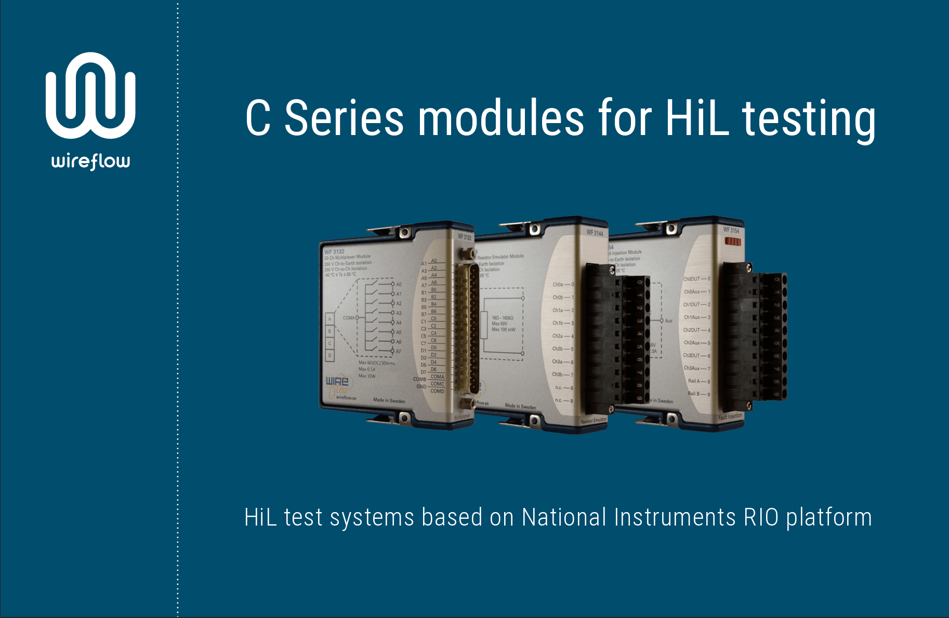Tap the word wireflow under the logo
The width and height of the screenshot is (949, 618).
point(90,162)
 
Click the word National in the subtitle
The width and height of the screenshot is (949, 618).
point(564,518)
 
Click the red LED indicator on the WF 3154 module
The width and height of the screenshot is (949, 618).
point(733,241)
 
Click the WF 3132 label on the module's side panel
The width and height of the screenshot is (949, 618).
point(335,252)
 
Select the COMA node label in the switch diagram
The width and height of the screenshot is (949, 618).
point(349,318)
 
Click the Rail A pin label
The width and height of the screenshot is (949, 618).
point(697,381)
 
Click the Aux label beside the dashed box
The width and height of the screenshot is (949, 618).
point(668,321)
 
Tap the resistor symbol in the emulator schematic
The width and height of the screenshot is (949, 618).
point(484,326)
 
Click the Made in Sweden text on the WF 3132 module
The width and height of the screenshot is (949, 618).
point(389,400)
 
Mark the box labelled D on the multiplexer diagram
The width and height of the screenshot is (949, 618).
point(329,356)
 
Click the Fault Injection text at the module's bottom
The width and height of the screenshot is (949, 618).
point(730,417)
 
